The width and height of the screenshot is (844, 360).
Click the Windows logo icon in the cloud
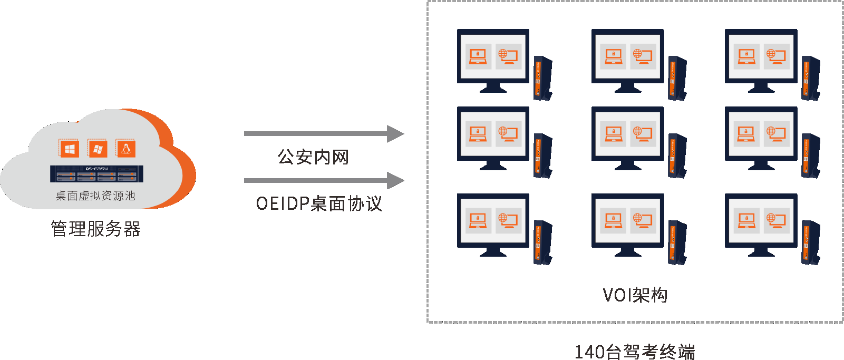coord(69,149)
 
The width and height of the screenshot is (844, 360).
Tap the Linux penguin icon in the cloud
coord(126,149)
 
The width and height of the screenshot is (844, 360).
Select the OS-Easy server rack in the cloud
coord(96,174)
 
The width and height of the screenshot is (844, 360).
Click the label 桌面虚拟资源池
coord(95,196)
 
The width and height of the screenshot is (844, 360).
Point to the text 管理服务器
coord(95,229)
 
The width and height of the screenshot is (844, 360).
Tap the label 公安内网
coord(313,157)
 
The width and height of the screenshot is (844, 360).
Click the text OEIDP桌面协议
coord(319,203)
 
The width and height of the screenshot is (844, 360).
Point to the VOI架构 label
coord(635,295)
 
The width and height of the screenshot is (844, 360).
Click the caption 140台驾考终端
coord(635,352)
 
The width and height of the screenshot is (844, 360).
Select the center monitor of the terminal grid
coord(627,134)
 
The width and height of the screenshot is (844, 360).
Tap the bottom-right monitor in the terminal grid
coord(761,221)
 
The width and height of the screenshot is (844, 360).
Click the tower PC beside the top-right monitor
coord(811,78)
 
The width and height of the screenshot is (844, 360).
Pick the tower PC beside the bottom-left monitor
coord(542,242)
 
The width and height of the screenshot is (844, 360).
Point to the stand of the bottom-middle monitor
coord(627,252)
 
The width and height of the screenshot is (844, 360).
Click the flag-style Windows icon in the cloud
coord(98,149)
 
